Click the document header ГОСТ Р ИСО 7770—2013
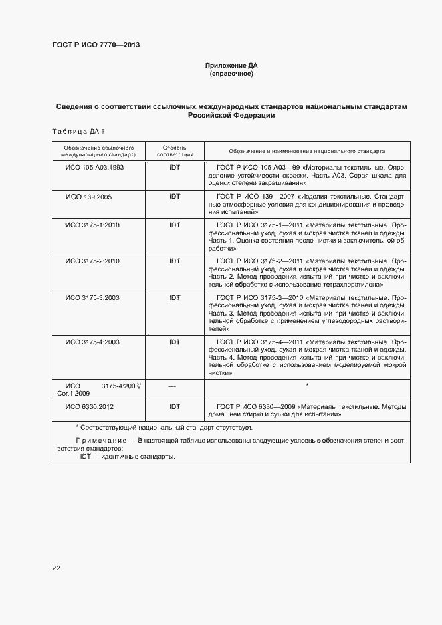coord(96,45)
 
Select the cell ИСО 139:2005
coord(88,197)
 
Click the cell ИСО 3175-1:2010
coord(92,225)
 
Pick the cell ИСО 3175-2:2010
coord(92,261)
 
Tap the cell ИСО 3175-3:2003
coord(92,297)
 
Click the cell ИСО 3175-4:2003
coord(92,342)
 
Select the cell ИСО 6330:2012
coord(90,406)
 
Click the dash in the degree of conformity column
coord(172,386)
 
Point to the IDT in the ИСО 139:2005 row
coord(175,197)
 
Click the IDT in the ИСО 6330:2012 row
coord(175,406)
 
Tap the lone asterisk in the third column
coord(306,386)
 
